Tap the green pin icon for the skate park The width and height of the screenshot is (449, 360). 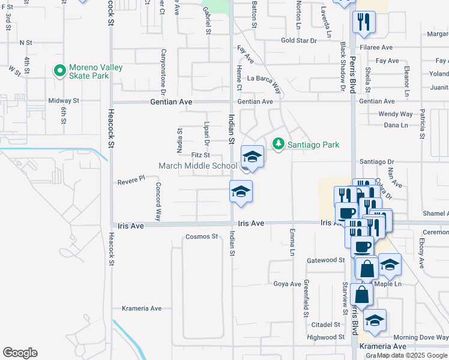(59, 71)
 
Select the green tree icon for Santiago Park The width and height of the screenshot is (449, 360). (278, 144)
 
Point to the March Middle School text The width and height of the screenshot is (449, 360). (197, 166)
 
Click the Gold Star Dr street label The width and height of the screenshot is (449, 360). (298, 41)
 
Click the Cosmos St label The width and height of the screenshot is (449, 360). (202, 236)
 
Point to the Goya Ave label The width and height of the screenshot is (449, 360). (286, 284)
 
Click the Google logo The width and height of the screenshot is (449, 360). (20, 353)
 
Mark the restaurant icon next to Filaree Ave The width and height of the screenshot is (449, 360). (363, 23)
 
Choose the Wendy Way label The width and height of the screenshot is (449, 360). (396, 114)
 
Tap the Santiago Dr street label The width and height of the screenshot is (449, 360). (376, 161)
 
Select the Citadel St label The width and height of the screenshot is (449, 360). (326, 325)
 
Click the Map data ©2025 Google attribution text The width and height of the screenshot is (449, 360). (412, 355)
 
